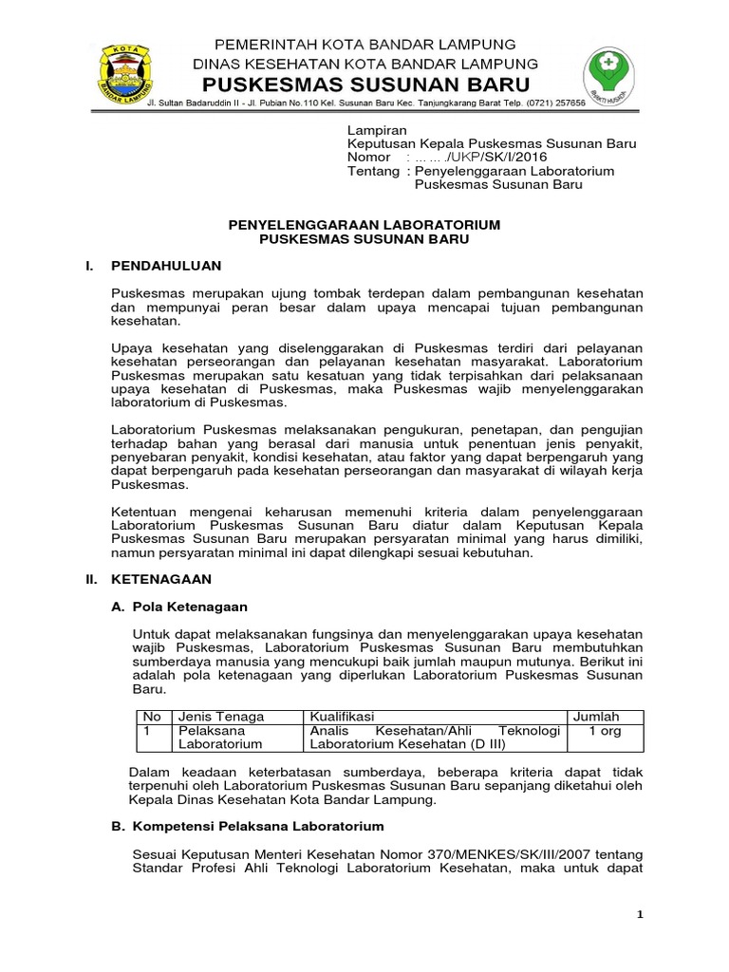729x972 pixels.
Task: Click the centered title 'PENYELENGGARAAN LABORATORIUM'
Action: tap(364, 225)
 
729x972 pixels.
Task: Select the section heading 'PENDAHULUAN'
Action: tap(166, 265)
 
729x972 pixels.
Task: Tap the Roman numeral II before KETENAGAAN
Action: tap(92, 578)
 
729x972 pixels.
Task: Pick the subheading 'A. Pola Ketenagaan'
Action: tap(180, 606)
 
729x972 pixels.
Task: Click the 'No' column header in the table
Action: tap(149, 716)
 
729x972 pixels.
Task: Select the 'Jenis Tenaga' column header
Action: tap(221, 716)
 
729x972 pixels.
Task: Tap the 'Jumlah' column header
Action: tap(595, 716)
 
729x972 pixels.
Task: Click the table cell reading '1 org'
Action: tap(605, 732)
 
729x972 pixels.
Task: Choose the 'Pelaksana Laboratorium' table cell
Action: tap(221, 739)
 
